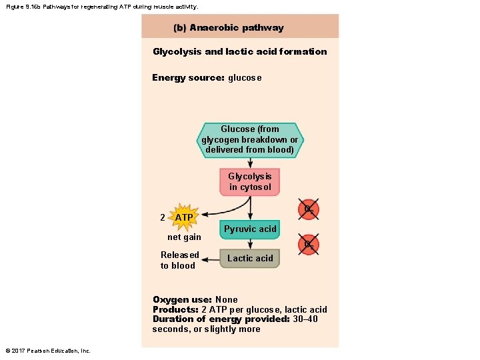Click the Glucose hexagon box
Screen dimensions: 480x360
click(x=250, y=139)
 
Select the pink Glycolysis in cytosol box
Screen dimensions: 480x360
click(x=250, y=182)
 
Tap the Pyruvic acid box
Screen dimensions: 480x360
click(x=250, y=229)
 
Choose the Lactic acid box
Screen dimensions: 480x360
click(x=250, y=259)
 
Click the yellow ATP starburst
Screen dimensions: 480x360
click(x=184, y=217)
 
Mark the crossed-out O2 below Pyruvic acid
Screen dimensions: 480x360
click(x=309, y=245)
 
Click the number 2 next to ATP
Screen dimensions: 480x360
click(x=163, y=217)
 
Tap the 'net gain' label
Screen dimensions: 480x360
click(x=184, y=237)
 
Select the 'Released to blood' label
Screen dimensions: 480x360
click(x=179, y=260)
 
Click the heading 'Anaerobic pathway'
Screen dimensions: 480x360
click(x=237, y=28)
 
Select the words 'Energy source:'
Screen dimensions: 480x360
click(x=188, y=78)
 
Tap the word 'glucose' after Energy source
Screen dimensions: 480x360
click(x=245, y=78)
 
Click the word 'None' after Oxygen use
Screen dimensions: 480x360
click(x=227, y=300)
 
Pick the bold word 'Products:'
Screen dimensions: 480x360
click(x=175, y=309)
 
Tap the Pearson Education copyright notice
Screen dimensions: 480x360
click(x=48, y=351)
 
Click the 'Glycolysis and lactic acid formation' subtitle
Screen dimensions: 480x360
click(x=240, y=51)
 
